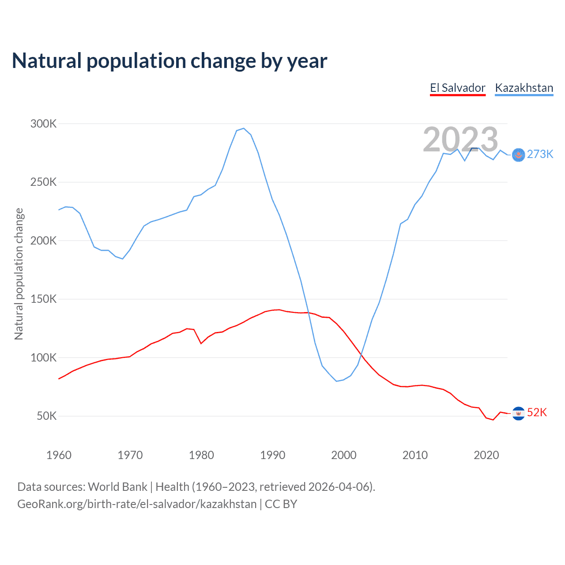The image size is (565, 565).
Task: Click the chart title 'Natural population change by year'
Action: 169,61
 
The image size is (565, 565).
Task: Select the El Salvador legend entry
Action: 458,88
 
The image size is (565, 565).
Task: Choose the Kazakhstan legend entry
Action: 524,88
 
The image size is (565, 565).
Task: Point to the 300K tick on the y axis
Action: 43,124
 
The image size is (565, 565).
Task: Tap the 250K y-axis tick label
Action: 43,182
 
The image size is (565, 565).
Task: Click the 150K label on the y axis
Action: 43,299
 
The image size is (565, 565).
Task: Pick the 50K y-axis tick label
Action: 46,416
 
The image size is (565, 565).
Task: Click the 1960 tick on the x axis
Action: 59,455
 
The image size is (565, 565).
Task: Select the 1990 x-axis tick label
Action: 272,455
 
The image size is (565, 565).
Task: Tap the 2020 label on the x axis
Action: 486,455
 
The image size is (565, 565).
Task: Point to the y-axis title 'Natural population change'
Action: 19,274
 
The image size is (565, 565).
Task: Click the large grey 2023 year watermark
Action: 460,139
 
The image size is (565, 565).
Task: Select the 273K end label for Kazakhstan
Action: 540,154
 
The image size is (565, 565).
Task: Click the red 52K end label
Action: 537,412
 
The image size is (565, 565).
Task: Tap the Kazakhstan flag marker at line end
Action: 519,155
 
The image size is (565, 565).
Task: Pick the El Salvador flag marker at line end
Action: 519,413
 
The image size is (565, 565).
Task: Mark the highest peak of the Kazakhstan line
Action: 244,128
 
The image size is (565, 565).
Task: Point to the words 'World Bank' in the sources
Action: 117,487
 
